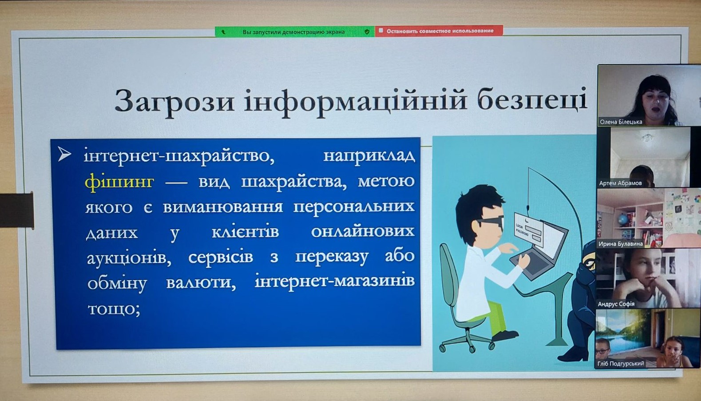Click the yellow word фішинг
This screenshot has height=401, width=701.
click(119, 182)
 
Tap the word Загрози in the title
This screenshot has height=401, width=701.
click(174, 101)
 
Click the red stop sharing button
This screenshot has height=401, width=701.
click(439, 31)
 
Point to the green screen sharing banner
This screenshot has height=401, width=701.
click(295, 32)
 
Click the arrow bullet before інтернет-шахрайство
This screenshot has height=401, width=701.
click(64, 155)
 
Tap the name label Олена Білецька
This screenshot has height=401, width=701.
click(621, 122)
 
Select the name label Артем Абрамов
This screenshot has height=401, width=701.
click(620, 183)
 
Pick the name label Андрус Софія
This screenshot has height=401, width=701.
click(616, 304)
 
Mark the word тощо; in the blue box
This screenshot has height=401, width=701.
click(114, 309)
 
